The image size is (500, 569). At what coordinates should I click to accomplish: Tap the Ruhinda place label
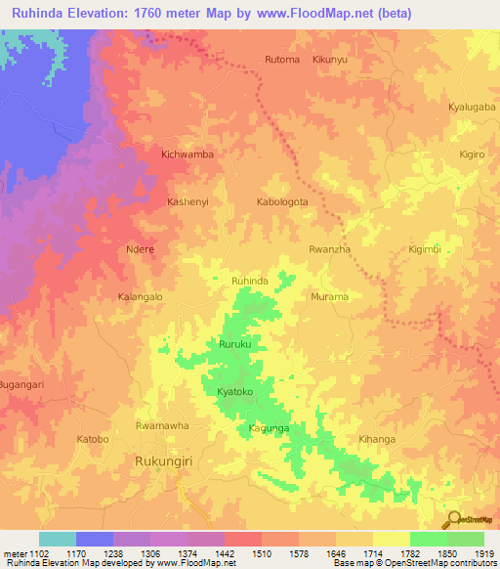(x=249, y=281)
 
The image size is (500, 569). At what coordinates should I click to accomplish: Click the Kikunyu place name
(x=329, y=60)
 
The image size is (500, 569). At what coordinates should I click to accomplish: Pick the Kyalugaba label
(x=472, y=106)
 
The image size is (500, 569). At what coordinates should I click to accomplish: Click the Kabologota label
(x=282, y=202)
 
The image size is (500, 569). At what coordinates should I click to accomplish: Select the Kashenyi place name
(x=188, y=201)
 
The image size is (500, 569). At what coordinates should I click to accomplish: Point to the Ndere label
(x=141, y=249)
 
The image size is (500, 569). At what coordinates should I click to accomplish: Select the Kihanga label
(x=377, y=439)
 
